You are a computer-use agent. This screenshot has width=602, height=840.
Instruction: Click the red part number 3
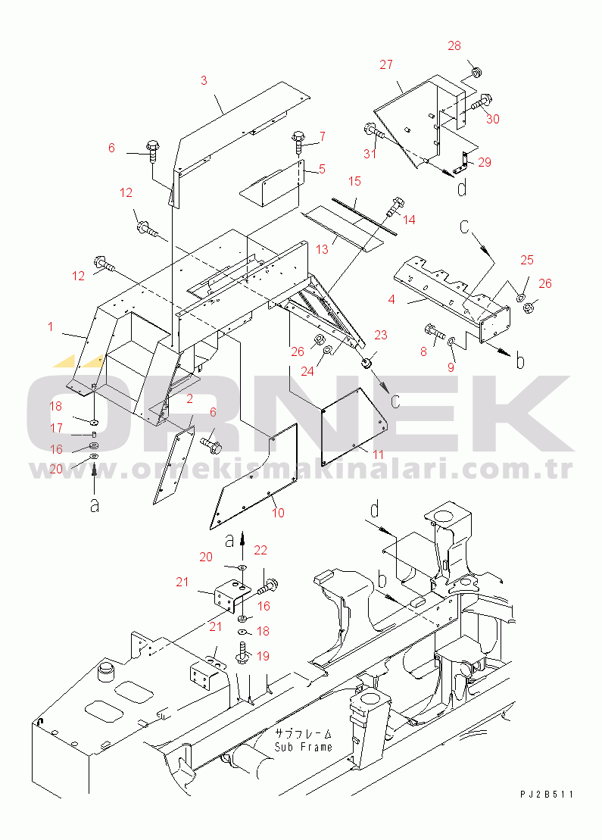[x=204, y=80]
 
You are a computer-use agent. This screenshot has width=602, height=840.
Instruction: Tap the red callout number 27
[x=386, y=64]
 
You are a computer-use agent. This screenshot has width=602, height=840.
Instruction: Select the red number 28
[x=454, y=45]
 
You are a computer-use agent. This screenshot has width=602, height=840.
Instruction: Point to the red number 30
[x=493, y=119]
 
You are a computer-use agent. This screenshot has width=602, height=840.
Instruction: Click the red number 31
[x=370, y=154]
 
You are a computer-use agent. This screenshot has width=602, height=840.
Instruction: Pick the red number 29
[x=484, y=162]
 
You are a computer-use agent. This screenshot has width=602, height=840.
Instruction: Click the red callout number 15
[x=354, y=181]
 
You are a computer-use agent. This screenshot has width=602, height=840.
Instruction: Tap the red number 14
[x=409, y=220]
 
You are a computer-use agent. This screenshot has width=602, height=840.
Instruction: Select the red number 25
[x=527, y=260]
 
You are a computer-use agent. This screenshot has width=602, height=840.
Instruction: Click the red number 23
[x=381, y=335]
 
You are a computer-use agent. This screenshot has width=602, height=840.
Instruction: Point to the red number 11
[x=379, y=454]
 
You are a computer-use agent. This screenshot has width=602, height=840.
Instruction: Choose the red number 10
[x=278, y=513]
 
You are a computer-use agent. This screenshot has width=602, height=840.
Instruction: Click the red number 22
[x=260, y=550]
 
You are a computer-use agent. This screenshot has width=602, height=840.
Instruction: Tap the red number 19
[x=263, y=656]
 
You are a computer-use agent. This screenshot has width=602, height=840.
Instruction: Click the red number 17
[x=56, y=428]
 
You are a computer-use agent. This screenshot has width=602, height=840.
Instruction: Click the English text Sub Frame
[x=303, y=747]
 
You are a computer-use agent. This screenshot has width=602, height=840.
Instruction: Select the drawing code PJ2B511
[x=546, y=795]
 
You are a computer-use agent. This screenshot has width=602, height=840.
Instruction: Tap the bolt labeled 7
[x=298, y=144]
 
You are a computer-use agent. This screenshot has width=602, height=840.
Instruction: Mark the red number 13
[x=322, y=250]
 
